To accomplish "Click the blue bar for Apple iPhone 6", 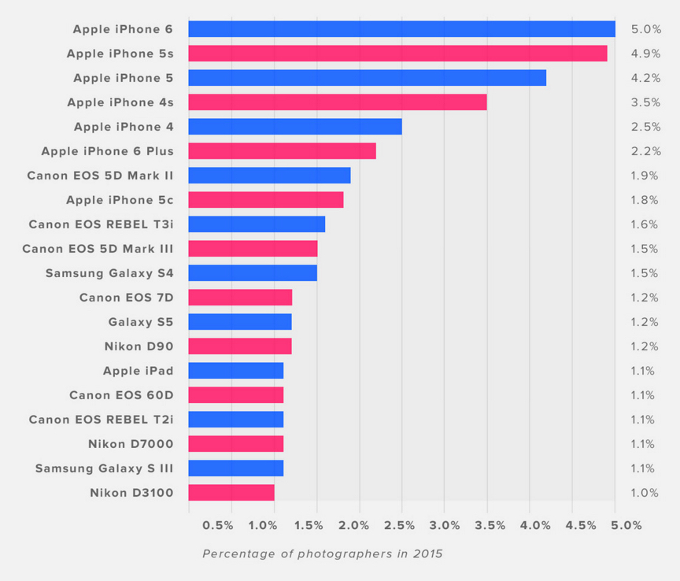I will click(x=401, y=29).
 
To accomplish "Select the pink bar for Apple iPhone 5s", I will click(x=397, y=54).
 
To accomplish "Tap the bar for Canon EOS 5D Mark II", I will click(x=269, y=176).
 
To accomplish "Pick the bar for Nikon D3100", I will click(x=231, y=493).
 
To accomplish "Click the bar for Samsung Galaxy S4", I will click(x=253, y=273).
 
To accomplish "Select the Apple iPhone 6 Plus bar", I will click(x=282, y=151).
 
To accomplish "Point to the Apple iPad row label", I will click(x=138, y=371).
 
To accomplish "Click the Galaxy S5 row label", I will click(x=141, y=322).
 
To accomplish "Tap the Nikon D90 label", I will click(x=139, y=346).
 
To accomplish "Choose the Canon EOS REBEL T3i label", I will click(x=101, y=224).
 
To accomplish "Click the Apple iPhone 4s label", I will click(x=120, y=102).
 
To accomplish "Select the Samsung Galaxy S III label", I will click(x=104, y=468).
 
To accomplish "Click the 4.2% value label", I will click(x=645, y=78).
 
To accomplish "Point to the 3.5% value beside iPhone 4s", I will click(x=645, y=102).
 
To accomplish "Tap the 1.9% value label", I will click(x=645, y=176).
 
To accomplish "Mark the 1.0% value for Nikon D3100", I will click(x=645, y=493).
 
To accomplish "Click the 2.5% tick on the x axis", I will click(x=402, y=525).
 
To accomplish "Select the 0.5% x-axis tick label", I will click(x=218, y=525).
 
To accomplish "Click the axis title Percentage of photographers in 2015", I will click(x=323, y=553).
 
